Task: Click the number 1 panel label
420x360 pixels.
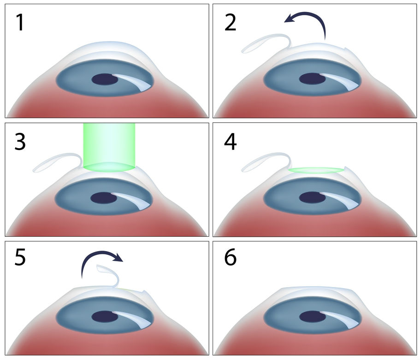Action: [x=20, y=23]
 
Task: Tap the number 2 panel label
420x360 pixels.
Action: [x=230, y=23]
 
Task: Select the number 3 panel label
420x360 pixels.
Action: [x=20, y=142]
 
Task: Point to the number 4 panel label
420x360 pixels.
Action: [x=231, y=142]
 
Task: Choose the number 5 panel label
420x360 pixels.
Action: [x=20, y=258]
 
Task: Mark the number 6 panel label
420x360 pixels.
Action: [x=231, y=258]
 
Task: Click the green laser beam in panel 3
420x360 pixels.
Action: [x=109, y=147]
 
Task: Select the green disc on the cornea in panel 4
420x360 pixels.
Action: [x=316, y=170]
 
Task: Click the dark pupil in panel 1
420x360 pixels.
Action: [x=105, y=79]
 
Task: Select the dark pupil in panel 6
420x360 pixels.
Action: [x=313, y=317]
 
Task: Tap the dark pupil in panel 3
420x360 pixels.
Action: [x=104, y=198]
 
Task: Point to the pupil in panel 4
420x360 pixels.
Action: [x=312, y=198]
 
